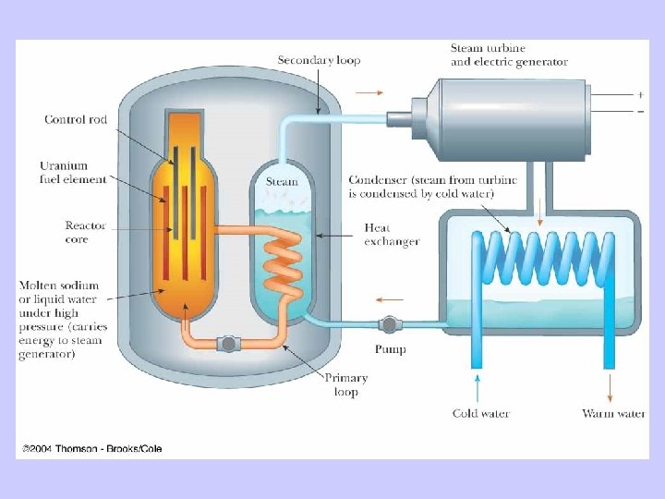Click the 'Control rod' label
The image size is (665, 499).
76,119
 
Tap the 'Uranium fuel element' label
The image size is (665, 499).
73,173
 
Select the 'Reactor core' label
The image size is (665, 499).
86,232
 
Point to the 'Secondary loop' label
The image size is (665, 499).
319,60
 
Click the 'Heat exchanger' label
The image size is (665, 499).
392,235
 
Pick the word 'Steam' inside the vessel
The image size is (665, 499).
282,181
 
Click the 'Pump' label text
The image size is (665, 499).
390,349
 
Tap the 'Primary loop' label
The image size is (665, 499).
345,383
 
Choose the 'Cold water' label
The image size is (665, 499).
480,413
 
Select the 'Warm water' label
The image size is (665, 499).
613,413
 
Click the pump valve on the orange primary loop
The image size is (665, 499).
226,345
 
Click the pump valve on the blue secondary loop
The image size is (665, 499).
389,324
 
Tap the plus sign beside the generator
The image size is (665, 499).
640,94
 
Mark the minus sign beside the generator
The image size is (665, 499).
640,111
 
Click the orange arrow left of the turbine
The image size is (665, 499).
367,92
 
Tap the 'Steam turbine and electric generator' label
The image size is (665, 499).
508,55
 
